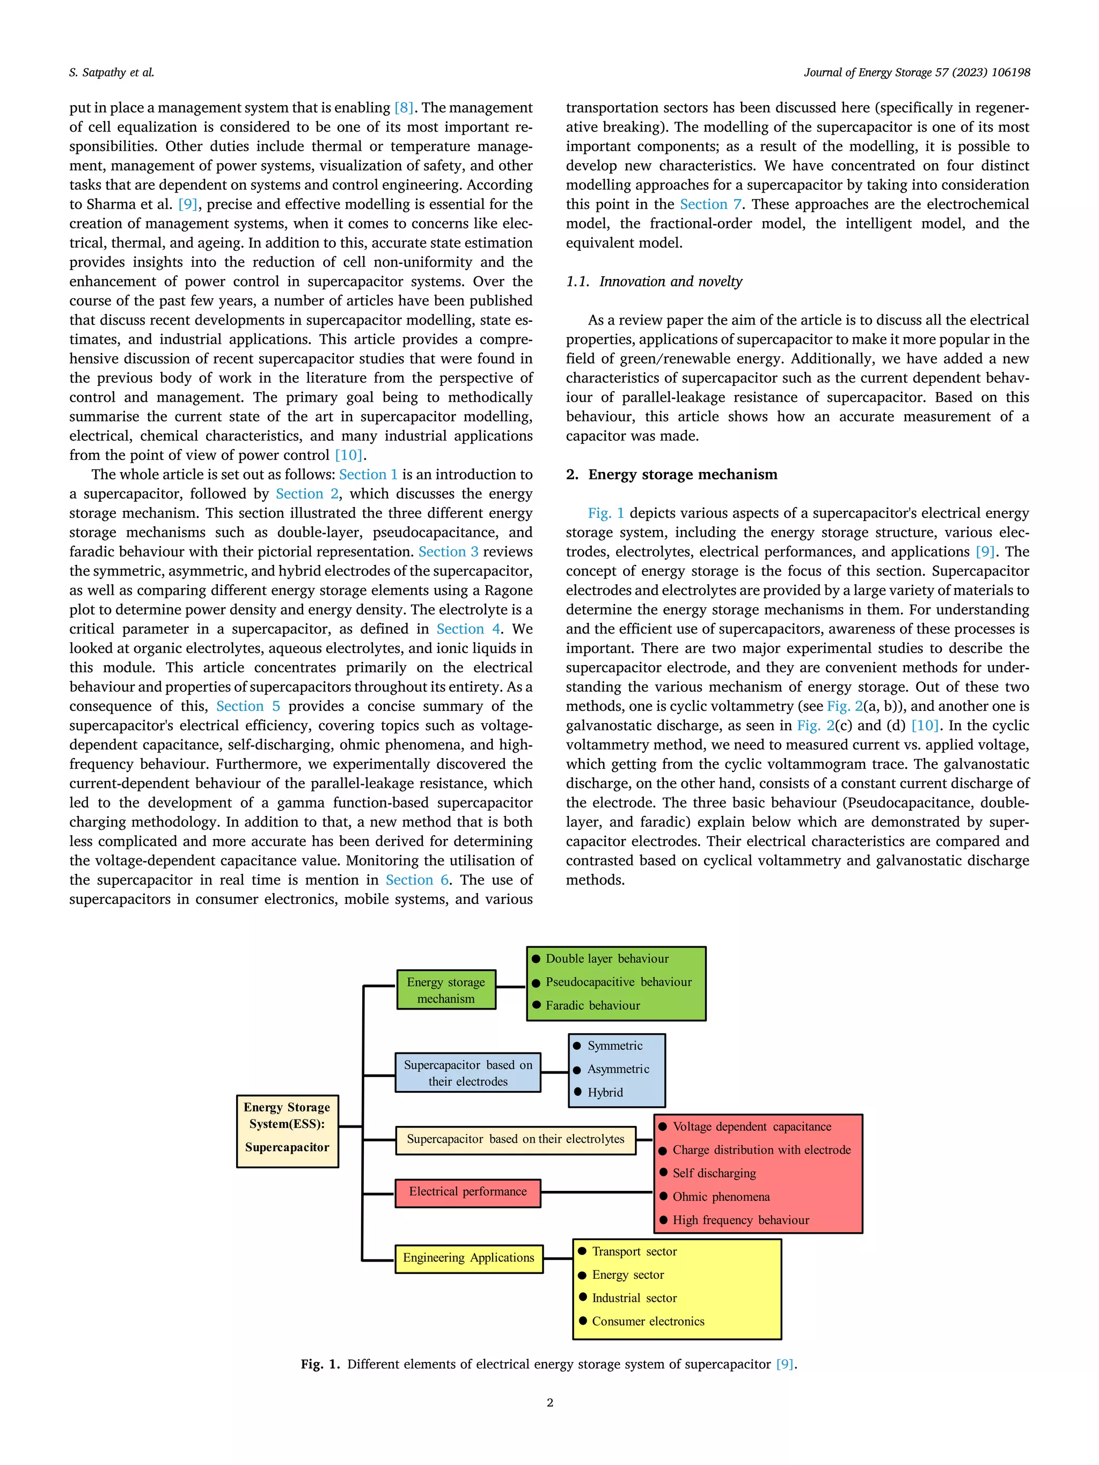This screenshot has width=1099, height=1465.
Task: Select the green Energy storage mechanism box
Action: [446, 990]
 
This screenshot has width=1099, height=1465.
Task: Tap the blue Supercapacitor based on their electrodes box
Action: [468, 1072]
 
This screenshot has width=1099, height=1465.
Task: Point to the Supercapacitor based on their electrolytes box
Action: [515, 1140]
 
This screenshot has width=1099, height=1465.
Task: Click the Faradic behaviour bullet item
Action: [592, 1005]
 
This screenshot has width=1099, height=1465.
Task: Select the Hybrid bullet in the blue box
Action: [605, 1092]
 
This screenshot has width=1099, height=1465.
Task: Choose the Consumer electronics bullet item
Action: [648, 1321]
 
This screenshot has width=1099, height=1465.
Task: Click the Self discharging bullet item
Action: [714, 1173]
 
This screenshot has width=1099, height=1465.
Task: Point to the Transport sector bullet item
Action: [634, 1251]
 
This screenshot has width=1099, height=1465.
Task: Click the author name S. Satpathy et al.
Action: [111, 72]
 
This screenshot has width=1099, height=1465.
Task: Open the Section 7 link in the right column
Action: [710, 204]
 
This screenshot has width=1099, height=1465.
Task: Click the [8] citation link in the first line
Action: [404, 107]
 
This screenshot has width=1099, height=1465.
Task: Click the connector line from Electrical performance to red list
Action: [596, 1192]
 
